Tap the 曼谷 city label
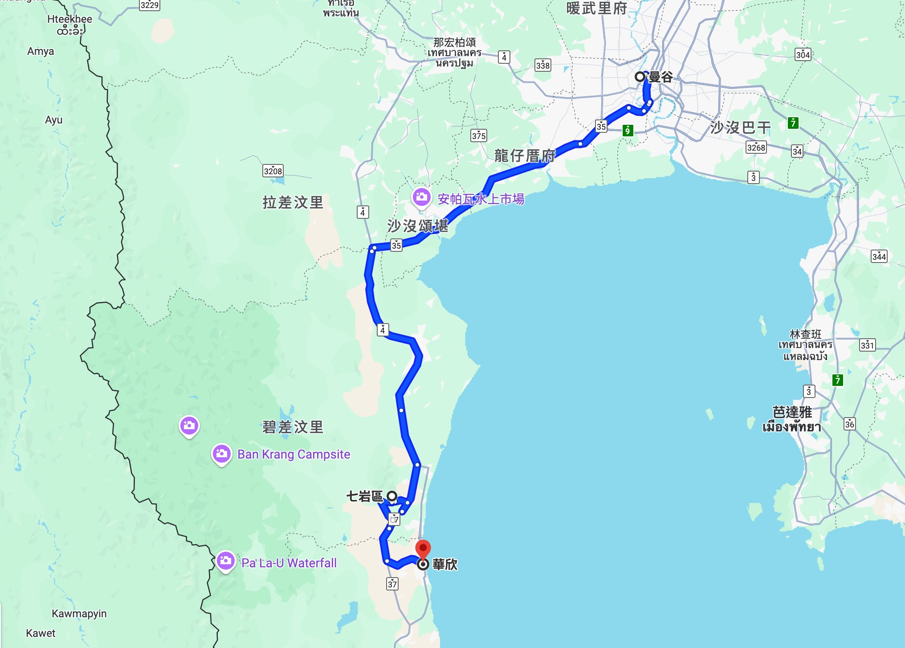pos(660,77)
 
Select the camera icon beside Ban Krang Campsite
pos(221,454)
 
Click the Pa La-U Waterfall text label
pos(289,563)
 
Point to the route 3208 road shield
pos(273,171)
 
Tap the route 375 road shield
pos(479,135)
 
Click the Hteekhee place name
pos(69,19)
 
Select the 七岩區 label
pos(364,496)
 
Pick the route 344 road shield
pos(879,256)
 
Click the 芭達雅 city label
pos(792,412)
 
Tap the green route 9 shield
pos(628,130)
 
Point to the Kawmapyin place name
pos(79,614)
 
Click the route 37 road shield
pos(392,584)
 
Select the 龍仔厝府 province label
pos(525,156)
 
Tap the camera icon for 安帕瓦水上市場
pos(421,197)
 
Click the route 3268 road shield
pos(756,148)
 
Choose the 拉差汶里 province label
pos(293,202)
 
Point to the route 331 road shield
pos(867,345)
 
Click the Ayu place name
pos(54,120)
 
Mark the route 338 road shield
pos(542,66)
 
